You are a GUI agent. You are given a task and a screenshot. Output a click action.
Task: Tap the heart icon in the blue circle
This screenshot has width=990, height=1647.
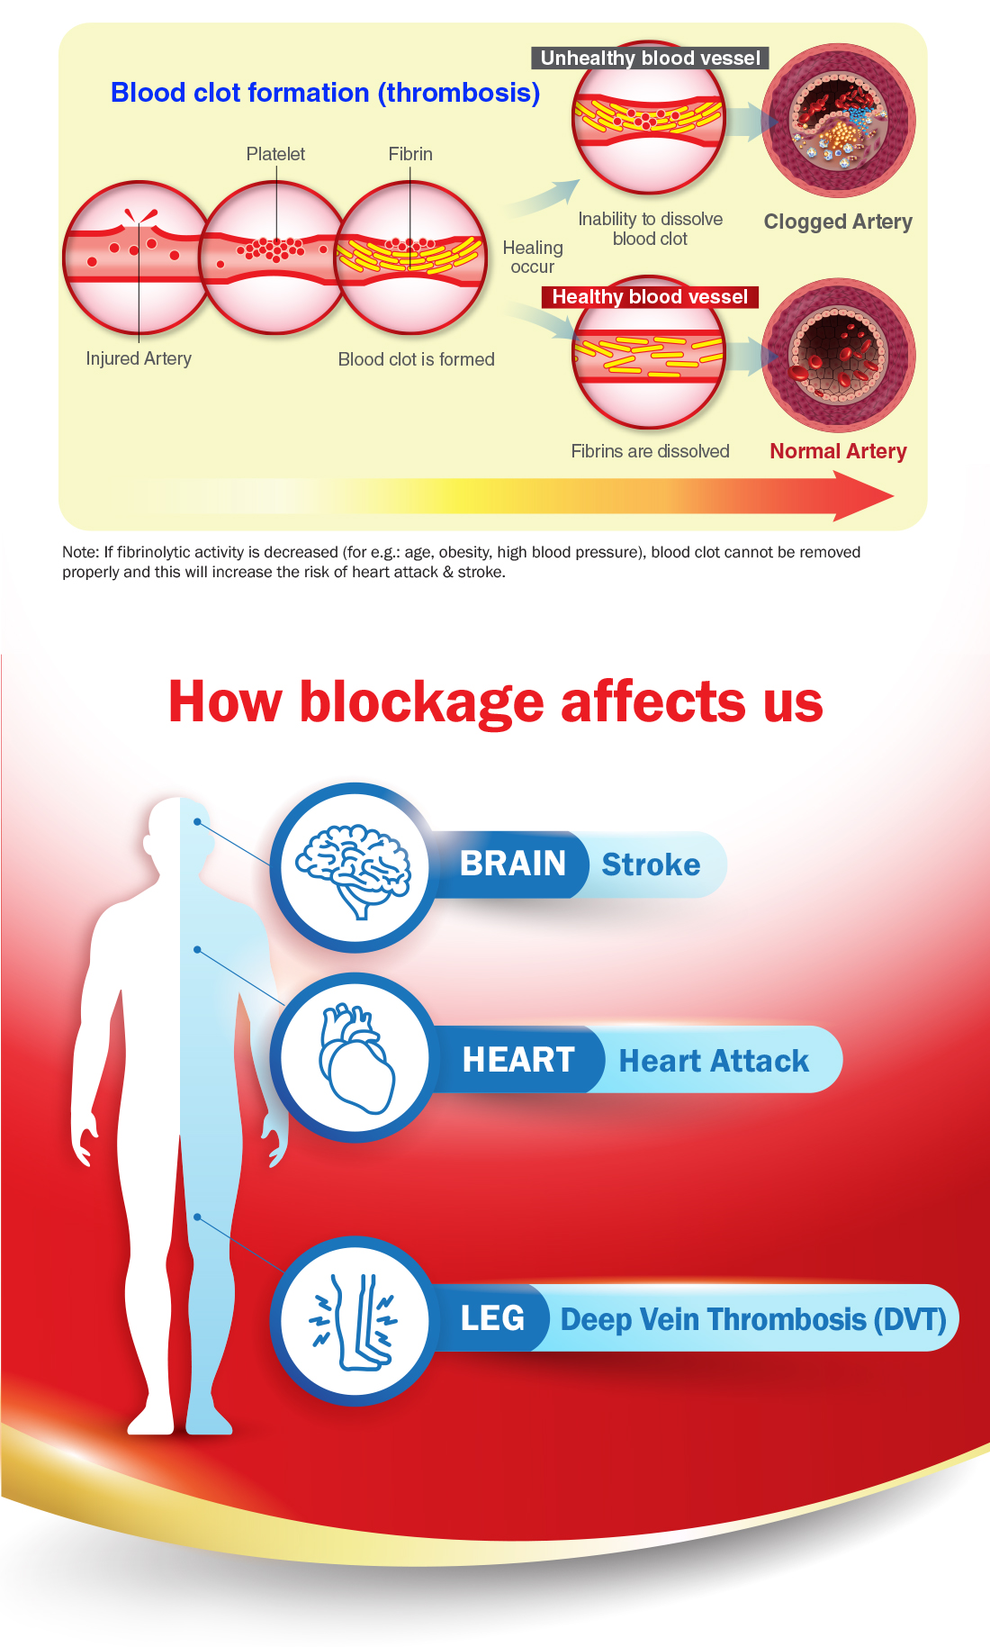(356, 1059)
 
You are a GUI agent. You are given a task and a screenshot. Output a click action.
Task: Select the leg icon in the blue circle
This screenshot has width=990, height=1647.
(355, 1321)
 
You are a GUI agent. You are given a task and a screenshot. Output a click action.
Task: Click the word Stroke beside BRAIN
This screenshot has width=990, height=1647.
(651, 864)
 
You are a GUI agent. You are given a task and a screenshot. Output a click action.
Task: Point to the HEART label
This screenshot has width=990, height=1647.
(518, 1060)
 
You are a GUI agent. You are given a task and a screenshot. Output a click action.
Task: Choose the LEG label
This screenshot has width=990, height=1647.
(492, 1318)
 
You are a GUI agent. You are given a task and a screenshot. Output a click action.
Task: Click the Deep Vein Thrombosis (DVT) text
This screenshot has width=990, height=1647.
(753, 1319)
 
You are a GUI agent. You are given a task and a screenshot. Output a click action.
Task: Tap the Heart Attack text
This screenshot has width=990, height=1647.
(714, 1061)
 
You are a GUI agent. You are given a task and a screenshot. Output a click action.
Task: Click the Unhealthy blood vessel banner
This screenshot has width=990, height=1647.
(650, 58)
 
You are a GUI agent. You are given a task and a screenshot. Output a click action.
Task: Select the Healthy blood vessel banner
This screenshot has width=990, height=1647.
(650, 296)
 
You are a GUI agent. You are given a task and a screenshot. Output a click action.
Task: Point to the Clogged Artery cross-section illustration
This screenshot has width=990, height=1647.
(839, 121)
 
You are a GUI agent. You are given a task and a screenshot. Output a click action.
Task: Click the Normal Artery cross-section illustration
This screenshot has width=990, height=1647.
(839, 355)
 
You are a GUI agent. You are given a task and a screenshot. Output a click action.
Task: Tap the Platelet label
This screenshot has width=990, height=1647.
(275, 154)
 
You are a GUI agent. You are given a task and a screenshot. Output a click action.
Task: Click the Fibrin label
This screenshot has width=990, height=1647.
(410, 154)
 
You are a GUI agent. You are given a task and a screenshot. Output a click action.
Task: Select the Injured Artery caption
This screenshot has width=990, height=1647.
(139, 358)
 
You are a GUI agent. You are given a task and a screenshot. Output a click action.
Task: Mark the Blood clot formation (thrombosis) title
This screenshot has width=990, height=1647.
(325, 93)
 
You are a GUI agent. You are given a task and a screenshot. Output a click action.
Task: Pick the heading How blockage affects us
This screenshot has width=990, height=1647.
(496, 701)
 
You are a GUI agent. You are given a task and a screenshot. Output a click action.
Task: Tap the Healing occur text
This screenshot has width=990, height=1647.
(533, 257)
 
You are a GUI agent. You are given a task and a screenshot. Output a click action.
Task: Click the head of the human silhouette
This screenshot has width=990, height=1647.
(179, 839)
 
